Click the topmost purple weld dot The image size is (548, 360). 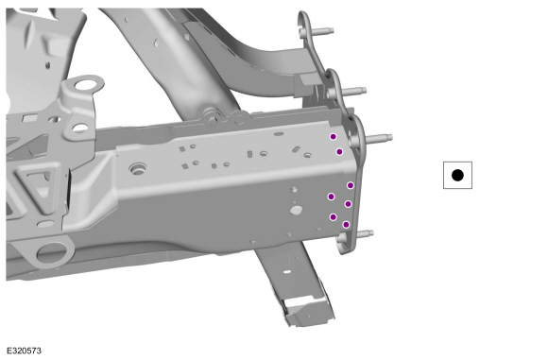334,137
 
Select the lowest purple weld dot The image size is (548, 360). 346,224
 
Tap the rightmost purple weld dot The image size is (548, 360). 351,185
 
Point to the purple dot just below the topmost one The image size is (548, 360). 339,152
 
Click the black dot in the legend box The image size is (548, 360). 457,175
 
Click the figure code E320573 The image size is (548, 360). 25,351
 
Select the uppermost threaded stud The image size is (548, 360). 319,31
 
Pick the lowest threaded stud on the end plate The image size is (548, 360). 364,233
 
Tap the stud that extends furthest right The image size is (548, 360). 379,138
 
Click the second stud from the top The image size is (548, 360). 353,91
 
